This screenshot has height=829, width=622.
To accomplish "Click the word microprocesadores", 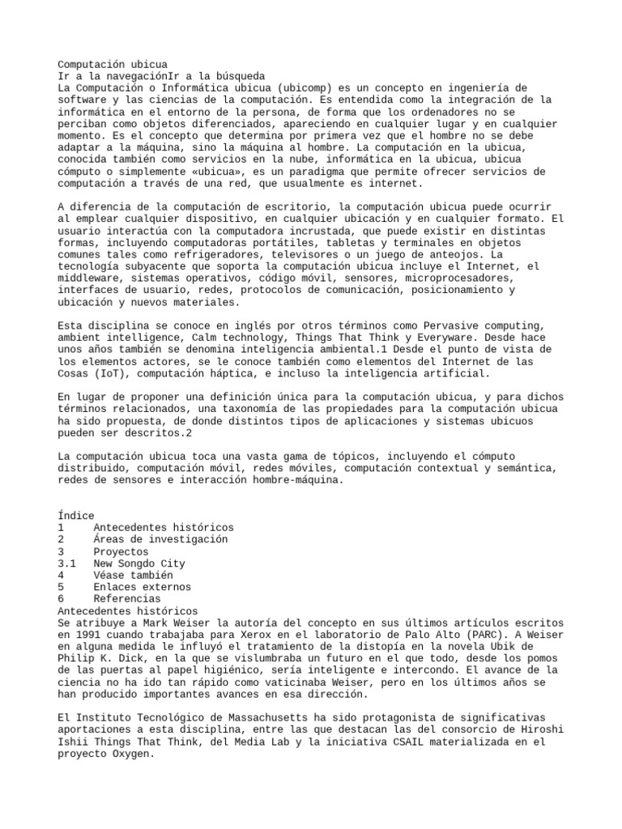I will (462, 278).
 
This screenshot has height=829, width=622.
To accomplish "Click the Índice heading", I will (76, 516).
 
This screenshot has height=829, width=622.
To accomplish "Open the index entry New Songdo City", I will (139, 563).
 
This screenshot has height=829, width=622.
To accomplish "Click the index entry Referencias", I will (128, 599).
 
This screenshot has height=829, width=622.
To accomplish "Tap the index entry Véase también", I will (134, 576).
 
